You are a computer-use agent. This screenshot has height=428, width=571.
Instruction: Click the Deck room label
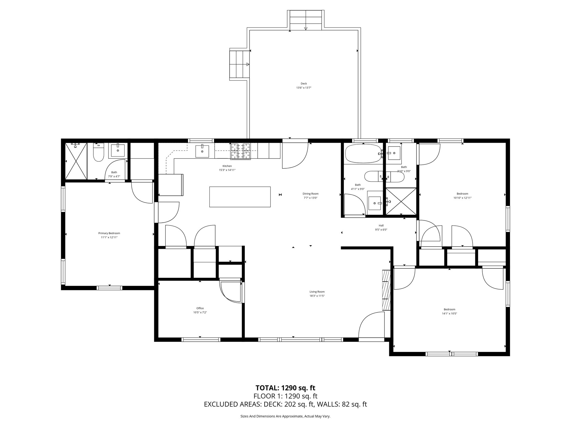(x=304, y=84)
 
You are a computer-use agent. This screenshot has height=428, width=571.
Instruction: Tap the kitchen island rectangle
(x=240, y=197)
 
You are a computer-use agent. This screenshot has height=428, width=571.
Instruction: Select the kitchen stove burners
(x=240, y=151)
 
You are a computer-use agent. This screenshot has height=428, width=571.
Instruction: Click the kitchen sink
(x=202, y=151)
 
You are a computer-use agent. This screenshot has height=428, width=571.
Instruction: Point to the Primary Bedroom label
(x=109, y=233)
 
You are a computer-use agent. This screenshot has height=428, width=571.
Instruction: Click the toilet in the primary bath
(x=98, y=152)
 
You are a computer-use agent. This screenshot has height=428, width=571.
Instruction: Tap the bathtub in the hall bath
(x=363, y=153)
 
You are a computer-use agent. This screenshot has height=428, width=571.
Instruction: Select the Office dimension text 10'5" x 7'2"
(x=200, y=312)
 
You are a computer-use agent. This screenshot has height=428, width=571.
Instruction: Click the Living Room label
(x=317, y=292)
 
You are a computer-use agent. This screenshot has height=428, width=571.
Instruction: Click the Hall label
(x=381, y=225)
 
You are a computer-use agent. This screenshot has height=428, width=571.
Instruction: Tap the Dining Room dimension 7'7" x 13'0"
(x=311, y=198)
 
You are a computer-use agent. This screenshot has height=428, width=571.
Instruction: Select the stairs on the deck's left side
(x=239, y=64)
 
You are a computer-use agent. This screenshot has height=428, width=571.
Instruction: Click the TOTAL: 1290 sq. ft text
(x=285, y=388)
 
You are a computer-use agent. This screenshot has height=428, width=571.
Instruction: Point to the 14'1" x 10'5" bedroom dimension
(x=449, y=313)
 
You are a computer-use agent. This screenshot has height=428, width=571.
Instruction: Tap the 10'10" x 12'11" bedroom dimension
(x=462, y=198)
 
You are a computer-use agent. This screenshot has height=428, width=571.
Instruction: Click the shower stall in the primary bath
(x=76, y=161)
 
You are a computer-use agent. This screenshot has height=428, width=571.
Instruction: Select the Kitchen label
(x=227, y=166)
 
